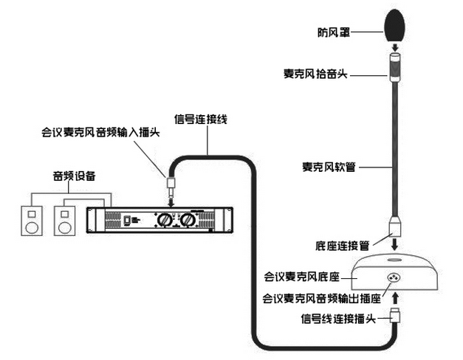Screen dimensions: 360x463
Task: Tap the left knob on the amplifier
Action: pyautogui.click(x=161, y=220)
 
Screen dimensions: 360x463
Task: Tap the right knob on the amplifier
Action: pyautogui.click(x=188, y=220)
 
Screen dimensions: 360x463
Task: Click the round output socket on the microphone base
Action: pyautogui.click(x=394, y=278)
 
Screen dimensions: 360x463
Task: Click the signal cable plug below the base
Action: pyautogui.click(x=396, y=316)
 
